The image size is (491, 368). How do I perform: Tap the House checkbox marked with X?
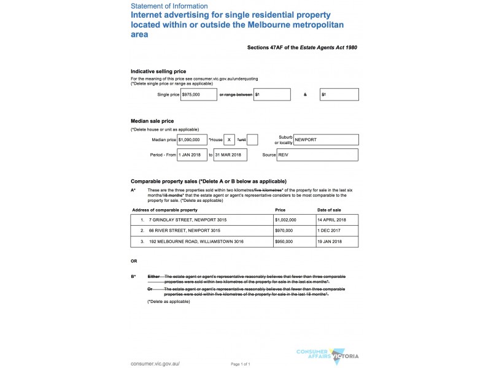228,140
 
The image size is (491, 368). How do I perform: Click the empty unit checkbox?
252,140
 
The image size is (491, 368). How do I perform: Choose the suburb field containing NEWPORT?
326,140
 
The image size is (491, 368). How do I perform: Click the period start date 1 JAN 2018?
192,155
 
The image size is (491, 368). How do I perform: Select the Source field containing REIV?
317,155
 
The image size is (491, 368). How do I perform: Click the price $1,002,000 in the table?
286,220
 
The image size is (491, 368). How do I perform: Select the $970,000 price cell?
284,231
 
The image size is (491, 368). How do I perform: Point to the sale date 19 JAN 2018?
330,242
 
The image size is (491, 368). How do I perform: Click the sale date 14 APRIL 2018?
332,220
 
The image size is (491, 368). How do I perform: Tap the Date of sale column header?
330,210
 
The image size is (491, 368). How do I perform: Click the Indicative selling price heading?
158,71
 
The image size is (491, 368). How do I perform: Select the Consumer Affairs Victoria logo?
327,355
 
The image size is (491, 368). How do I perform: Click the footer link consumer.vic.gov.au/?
155,363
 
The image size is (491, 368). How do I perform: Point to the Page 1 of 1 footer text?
241,364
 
